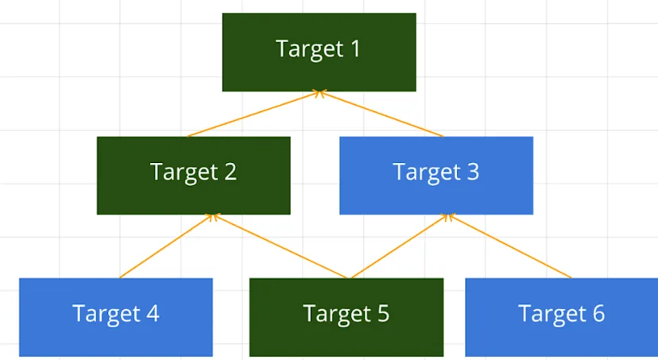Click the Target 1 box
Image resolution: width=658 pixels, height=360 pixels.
[x=319, y=52]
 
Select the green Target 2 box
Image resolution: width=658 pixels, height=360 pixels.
[x=193, y=175]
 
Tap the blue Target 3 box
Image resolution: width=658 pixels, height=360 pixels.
[x=435, y=175]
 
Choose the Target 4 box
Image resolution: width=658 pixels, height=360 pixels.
[x=115, y=316]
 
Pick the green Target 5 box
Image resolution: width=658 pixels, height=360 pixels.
[x=346, y=316]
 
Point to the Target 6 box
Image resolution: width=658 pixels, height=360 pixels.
[x=561, y=316]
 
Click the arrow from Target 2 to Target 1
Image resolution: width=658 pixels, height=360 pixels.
[x=253, y=114]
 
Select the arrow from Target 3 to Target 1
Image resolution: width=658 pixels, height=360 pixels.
[x=381, y=114]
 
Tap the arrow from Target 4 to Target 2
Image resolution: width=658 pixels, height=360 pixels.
[x=165, y=246]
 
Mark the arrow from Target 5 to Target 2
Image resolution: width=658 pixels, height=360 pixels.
[x=280, y=246]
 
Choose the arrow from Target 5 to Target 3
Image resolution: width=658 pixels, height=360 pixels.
[x=400, y=246]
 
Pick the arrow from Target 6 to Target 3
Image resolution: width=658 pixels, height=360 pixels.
[x=510, y=246]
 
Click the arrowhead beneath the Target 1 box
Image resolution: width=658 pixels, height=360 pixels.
[x=319, y=94]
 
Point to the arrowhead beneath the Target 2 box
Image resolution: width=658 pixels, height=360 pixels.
[x=211, y=216]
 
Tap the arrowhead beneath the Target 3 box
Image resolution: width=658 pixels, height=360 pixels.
[x=450, y=216]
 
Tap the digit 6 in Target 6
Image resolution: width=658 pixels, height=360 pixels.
[x=597, y=314]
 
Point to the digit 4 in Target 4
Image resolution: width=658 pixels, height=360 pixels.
[x=152, y=314]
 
